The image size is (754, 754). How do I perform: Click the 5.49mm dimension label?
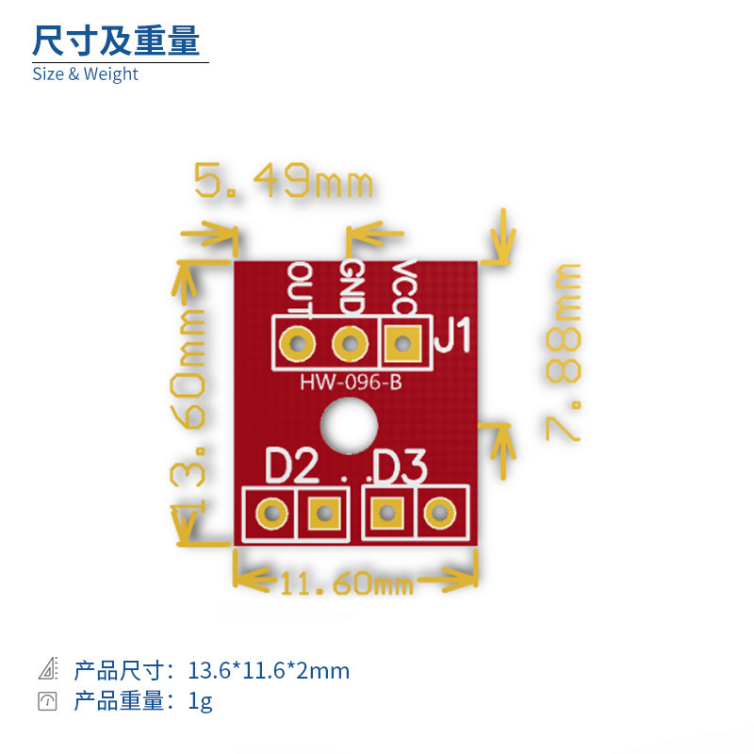click(284, 180)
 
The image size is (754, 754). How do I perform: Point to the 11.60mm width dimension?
click(346, 585)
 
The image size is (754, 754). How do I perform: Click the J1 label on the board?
click(451, 336)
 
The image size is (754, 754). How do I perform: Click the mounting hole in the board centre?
click(346, 422)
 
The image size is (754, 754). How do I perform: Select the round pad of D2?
click(271, 514)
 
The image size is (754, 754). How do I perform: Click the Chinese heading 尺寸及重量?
click(116, 41)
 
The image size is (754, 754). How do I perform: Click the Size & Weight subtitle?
click(85, 74)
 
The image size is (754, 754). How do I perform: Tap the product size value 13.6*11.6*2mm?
click(269, 671)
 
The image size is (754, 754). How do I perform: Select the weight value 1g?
click(200, 701)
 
